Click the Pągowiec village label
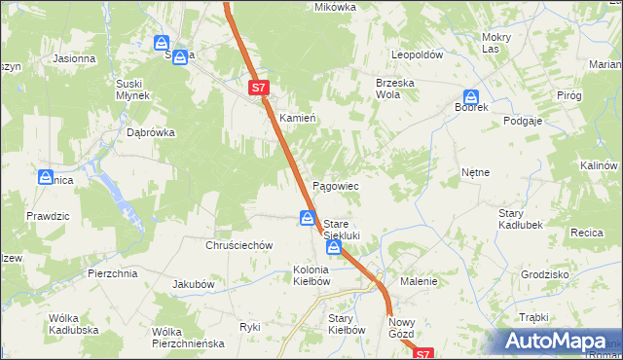[335, 186]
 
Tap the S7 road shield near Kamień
[258, 88]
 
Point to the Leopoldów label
[417, 55]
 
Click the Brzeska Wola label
[396, 90]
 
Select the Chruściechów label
[238, 246]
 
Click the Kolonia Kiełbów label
[312, 275]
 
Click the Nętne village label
[475, 172]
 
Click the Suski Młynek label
[132, 90]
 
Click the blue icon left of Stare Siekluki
[307, 218]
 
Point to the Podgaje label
[522, 121]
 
